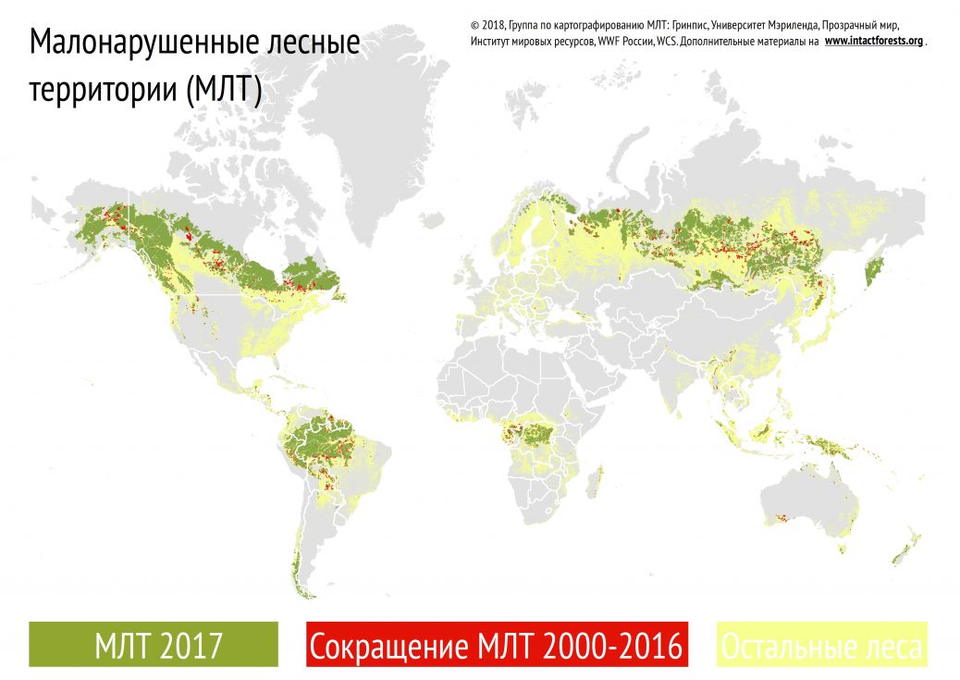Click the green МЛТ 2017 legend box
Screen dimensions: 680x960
[x=154, y=644]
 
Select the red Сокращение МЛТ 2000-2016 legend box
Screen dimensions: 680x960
[x=497, y=644]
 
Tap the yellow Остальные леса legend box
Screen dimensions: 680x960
[x=821, y=644]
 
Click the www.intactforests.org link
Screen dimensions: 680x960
[x=873, y=42]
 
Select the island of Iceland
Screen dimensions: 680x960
[x=427, y=219]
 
